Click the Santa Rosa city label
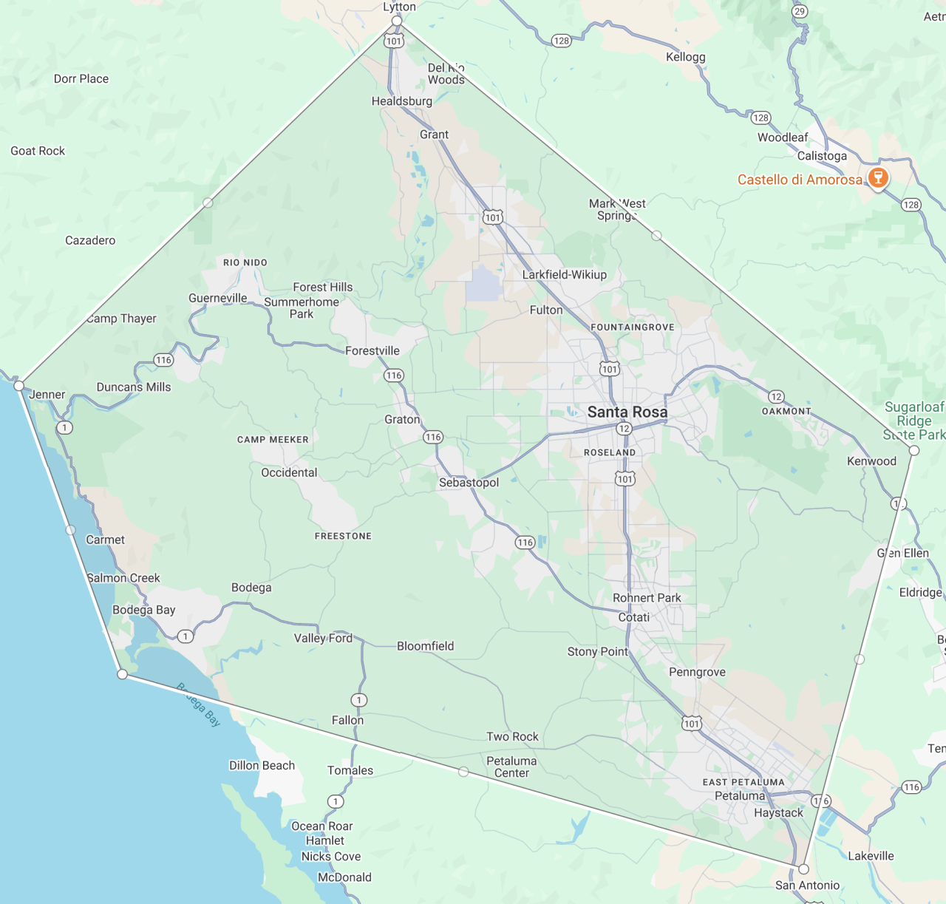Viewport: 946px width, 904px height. pyautogui.click(x=627, y=412)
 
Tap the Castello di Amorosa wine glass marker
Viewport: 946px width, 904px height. pyautogui.click(x=877, y=177)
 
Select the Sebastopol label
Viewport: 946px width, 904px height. pyautogui.click(x=469, y=483)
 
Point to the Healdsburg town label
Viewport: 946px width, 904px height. pyautogui.click(x=401, y=101)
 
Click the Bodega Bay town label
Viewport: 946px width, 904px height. pyautogui.click(x=143, y=610)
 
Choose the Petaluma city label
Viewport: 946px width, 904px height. pyautogui.click(x=740, y=796)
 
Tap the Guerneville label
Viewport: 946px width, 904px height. pyautogui.click(x=217, y=298)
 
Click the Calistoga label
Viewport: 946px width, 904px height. pyautogui.click(x=822, y=156)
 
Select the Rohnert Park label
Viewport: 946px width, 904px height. pyautogui.click(x=647, y=598)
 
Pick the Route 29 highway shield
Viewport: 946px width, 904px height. pyautogui.click(x=800, y=11)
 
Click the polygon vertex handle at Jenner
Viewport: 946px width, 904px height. pyautogui.click(x=19, y=385)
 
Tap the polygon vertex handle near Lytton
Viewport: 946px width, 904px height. pyautogui.click(x=397, y=21)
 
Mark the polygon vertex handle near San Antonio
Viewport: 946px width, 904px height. pyautogui.click(x=803, y=869)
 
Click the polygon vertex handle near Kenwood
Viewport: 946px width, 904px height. pyautogui.click(x=914, y=450)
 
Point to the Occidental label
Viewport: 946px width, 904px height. pyautogui.click(x=289, y=472)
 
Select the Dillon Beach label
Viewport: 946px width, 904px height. pyautogui.click(x=262, y=766)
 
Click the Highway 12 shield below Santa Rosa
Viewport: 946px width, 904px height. pyautogui.click(x=625, y=429)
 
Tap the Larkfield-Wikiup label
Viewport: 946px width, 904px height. pyautogui.click(x=564, y=274)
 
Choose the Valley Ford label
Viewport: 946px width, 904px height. pyautogui.click(x=323, y=638)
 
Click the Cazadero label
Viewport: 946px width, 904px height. pyautogui.click(x=90, y=240)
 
